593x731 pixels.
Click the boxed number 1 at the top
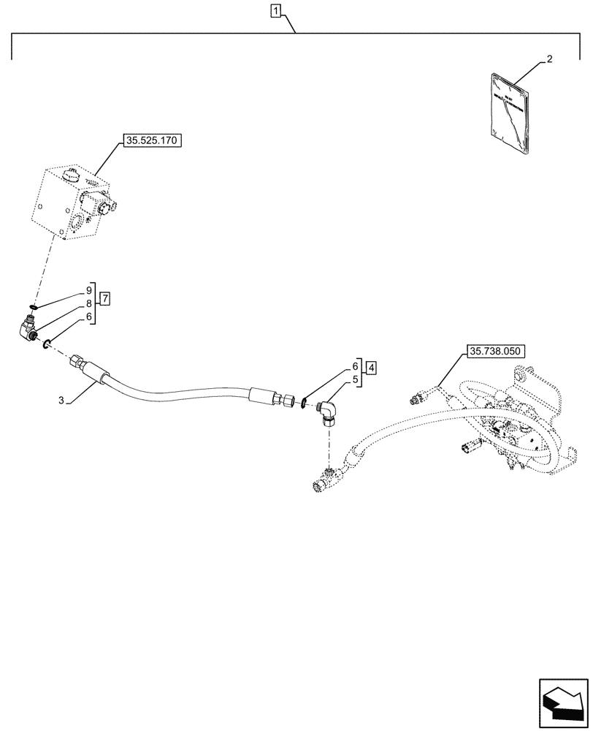[x=275, y=10]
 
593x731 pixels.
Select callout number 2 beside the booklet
[x=550, y=60]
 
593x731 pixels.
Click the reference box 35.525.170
[x=153, y=140]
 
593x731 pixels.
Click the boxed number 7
[x=106, y=298]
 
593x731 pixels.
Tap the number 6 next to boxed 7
[x=89, y=317]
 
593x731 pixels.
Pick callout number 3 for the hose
[x=62, y=400]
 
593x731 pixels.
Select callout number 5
[x=356, y=379]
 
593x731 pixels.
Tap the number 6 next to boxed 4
[x=356, y=365]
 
